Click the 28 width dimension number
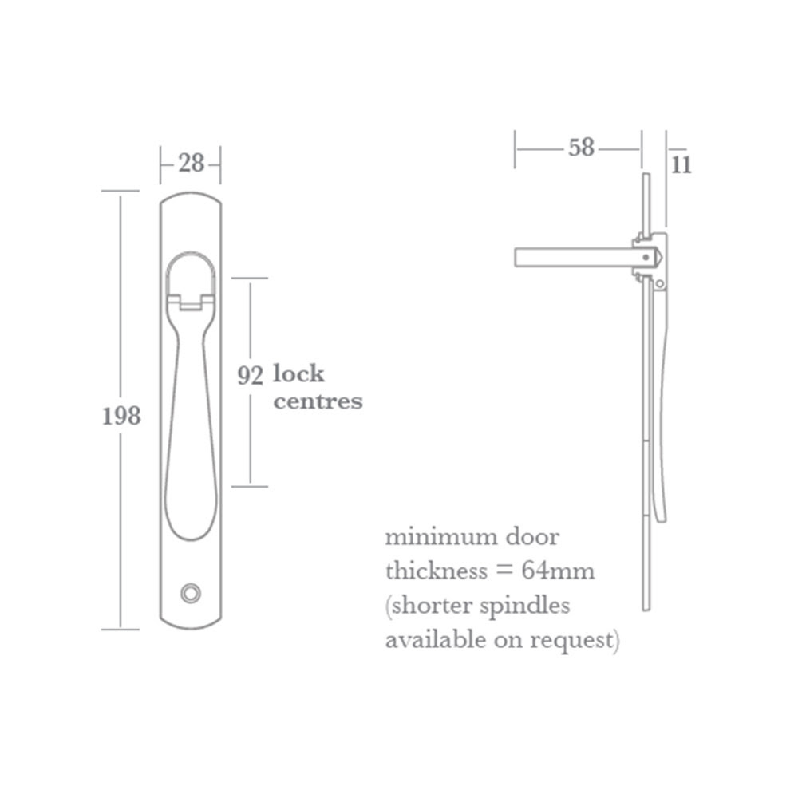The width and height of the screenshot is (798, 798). click(192, 164)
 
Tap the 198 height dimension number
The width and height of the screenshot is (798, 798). click(121, 416)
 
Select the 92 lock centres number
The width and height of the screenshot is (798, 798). click(250, 375)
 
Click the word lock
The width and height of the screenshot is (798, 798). click(298, 373)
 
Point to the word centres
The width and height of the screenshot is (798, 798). click(318, 401)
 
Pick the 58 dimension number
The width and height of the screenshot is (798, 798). click(582, 148)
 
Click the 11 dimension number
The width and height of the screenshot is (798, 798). click(681, 165)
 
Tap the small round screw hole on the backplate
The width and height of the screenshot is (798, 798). click(190, 591)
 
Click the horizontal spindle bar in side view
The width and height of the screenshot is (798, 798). click(571, 258)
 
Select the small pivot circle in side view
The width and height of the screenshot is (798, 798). click(660, 284)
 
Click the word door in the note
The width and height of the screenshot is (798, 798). click(531, 537)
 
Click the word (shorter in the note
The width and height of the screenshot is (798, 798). click(429, 606)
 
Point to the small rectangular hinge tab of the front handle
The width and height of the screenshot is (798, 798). click(191, 302)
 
